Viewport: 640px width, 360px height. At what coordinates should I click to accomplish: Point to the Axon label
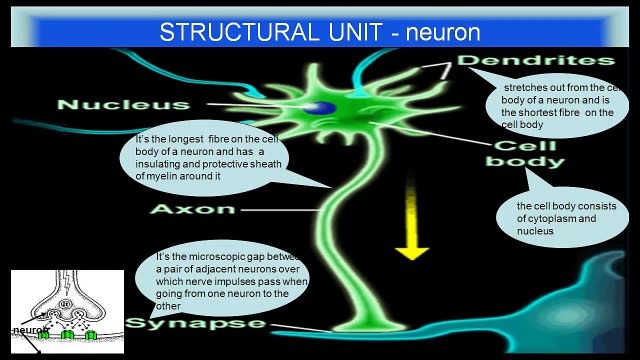point(193,210)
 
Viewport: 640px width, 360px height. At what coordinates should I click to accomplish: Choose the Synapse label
point(196,324)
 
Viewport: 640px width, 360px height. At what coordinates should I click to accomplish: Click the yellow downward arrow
point(410,235)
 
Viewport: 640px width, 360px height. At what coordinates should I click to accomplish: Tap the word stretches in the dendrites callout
point(526,87)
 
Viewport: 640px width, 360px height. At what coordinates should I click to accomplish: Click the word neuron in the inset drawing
point(27,329)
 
